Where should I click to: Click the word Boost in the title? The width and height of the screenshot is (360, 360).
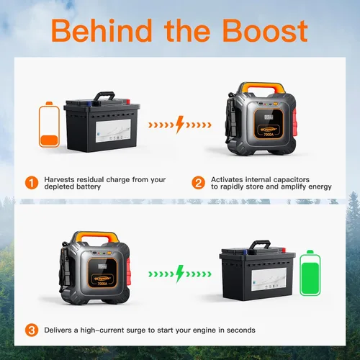(x=265, y=31)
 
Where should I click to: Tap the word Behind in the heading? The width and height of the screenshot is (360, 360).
(x=102, y=31)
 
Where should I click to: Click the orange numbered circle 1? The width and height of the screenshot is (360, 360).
(x=32, y=183)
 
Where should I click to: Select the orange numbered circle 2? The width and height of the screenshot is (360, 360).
(x=198, y=183)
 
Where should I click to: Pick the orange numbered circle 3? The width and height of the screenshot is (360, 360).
(x=32, y=330)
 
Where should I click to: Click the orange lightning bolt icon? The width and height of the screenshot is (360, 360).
(x=179, y=125)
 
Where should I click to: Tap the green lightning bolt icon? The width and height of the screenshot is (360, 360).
(x=179, y=274)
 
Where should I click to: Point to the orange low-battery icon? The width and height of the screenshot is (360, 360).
(x=49, y=125)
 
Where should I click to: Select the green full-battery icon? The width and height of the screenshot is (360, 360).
(x=310, y=273)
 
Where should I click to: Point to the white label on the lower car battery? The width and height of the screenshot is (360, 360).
(x=269, y=279)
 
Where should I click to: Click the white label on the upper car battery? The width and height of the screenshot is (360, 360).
(x=113, y=130)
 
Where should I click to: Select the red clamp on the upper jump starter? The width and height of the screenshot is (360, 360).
(x=295, y=123)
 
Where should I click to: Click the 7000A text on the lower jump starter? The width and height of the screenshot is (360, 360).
(x=102, y=284)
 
